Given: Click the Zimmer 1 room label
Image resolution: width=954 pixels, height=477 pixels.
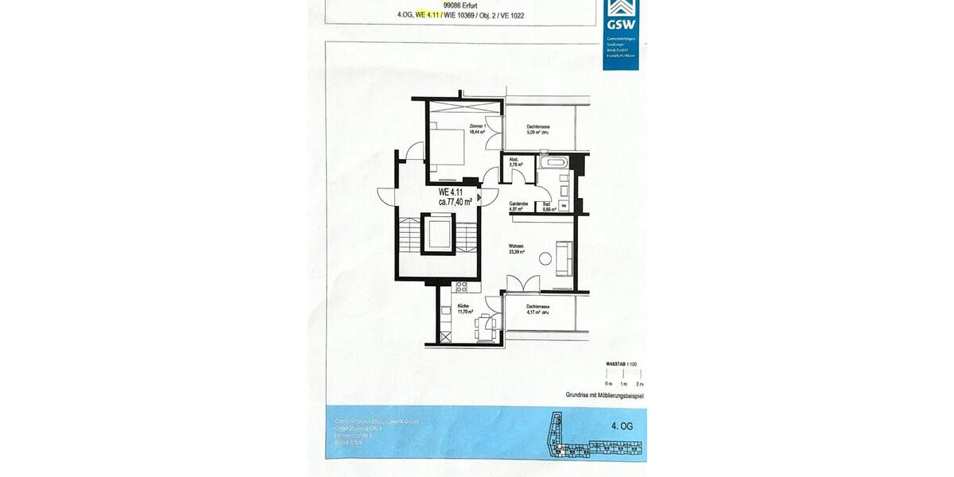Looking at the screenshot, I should click(x=477, y=126).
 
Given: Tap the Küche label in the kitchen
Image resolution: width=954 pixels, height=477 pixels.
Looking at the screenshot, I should click(x=463, y=307).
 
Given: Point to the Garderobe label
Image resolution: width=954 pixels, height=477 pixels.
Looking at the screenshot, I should click(x=519, y=204).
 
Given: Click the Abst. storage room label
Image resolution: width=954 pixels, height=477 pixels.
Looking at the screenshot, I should click(x=514, y=160).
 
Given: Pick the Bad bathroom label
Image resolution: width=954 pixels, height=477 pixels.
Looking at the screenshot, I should click(x=547, y=204).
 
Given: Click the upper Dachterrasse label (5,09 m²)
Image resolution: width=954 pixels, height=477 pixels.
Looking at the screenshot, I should click(x=538, y=127).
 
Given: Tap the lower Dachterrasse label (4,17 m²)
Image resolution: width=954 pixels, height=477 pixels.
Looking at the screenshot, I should click(x=538, y=307).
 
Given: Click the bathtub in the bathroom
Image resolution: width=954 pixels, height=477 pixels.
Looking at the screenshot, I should click(x=553, y=163).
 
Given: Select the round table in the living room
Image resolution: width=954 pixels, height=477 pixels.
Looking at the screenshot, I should click(x=545, y=258).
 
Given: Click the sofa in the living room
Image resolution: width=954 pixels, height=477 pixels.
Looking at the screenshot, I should click(x=564, y=258).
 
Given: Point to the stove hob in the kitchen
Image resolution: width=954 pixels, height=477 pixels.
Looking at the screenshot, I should click(x=460, y=286).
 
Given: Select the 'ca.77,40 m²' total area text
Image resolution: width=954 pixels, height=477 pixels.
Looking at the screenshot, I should click(x=456, y=203).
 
